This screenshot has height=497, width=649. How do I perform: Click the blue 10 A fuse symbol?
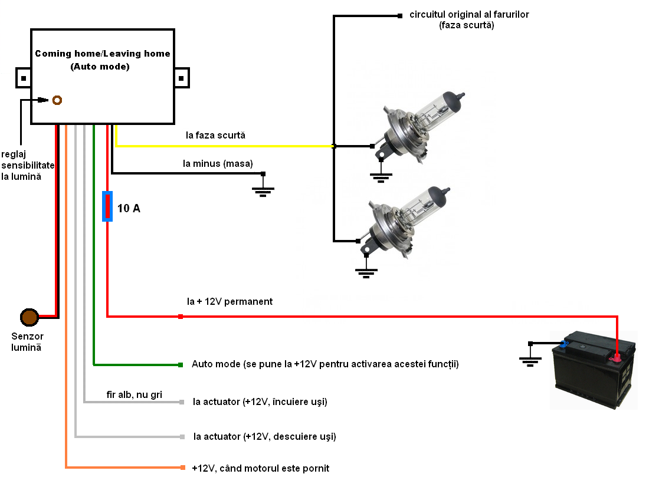(x=107, y=206)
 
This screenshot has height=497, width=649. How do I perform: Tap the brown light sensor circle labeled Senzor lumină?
(x=29, y=318)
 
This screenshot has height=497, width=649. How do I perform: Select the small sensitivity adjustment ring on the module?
(x=57, y=100)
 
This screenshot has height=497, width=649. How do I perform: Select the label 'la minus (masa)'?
(x=218, y=163)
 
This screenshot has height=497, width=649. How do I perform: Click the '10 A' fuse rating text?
(x=129, y=208)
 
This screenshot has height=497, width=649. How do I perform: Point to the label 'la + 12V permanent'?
(x=230, y=302)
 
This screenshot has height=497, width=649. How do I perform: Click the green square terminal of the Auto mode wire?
(x=180, y=365)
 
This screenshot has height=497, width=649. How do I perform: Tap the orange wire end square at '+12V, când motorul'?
(x=182, y=468)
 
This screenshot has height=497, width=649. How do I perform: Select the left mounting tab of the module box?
(x=23, y=77)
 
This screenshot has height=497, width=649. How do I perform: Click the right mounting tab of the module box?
(x=182, y=77)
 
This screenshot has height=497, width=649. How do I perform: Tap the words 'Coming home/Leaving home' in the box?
(x=103, y=54)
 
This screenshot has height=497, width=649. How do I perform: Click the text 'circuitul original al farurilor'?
(x=469, y=15)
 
